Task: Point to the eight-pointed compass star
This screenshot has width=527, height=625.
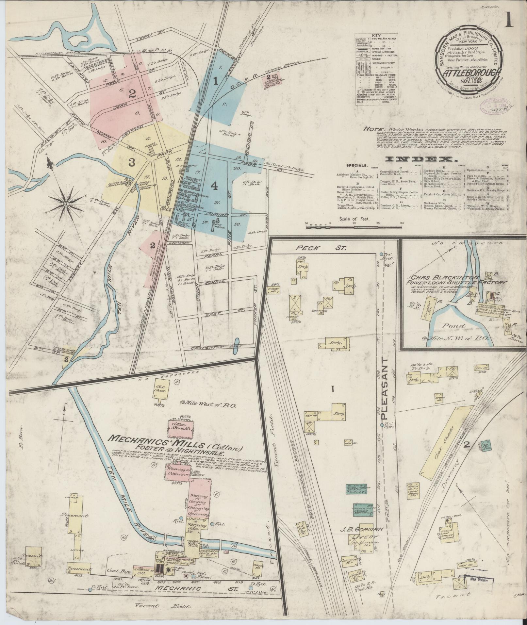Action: click(66, 204)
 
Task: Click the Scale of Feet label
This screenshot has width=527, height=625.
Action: click(354, 219)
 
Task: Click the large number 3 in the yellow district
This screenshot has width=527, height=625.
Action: click(132, 162)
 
